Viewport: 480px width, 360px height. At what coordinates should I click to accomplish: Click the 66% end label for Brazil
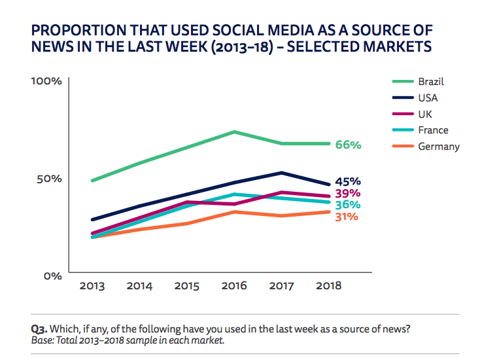tap(348, 145)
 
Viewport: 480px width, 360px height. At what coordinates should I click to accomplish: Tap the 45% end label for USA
tap(348, 181)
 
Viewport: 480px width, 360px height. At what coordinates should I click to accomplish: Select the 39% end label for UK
tap(348, 193)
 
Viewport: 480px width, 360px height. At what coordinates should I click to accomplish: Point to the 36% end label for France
tap(348, 205)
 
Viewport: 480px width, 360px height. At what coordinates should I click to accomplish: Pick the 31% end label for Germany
tap(347, 216)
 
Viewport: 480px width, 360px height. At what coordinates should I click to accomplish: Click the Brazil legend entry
tap(431, 82)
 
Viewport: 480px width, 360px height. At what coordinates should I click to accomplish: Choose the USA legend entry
tap(428, 98)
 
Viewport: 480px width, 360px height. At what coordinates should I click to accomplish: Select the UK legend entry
tap(424, 114)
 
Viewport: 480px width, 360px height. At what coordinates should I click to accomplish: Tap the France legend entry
tap(433, 130)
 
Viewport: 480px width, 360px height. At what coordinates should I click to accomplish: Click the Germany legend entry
tap(438, 146)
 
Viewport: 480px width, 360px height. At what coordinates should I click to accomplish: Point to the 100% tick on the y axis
tap(46, 82)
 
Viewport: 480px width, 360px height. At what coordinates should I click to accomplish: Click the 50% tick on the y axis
tap(49, 179)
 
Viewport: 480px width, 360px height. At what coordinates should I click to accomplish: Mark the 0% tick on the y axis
tap(52, 276)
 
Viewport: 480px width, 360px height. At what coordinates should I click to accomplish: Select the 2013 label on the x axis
tap(92, 286)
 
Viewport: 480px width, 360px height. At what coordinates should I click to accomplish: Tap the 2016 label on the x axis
tap(234, 286)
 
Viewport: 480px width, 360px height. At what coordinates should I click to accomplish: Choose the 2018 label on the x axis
tap(329, 286)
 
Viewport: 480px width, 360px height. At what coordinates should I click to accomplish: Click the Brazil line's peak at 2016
tap(234, 132)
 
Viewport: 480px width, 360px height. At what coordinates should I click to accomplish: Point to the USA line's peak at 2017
tap(281, 173)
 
